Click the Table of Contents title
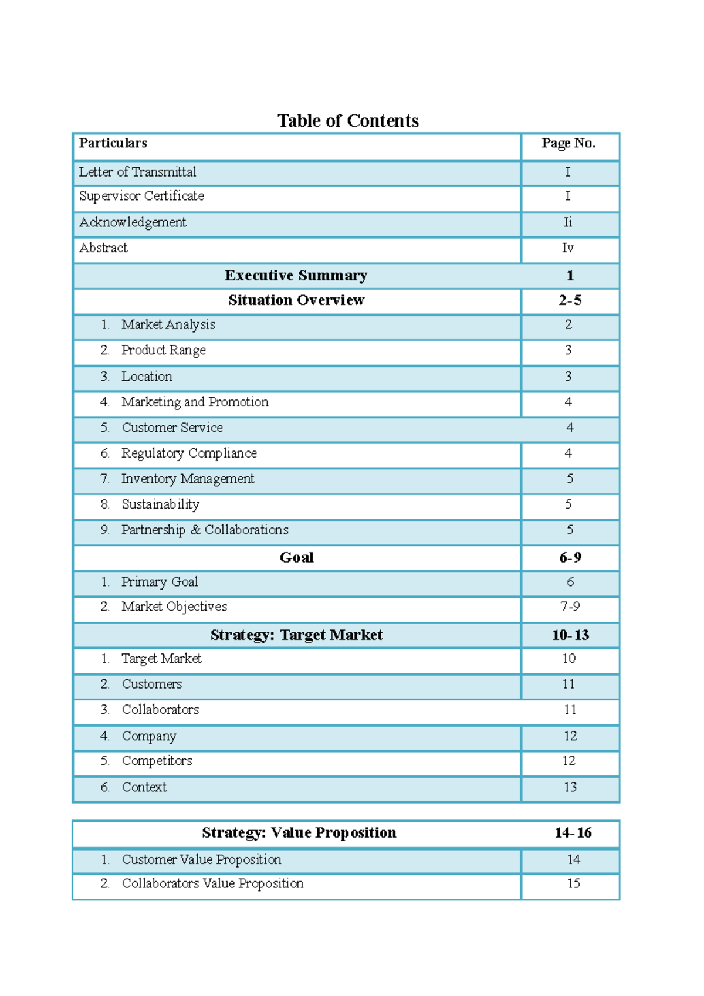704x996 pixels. [348, 121]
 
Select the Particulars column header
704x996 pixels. [113, 143]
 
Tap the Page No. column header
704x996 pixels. [568, 143]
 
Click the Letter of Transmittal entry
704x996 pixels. [138, 172]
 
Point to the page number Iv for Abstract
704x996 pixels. [567, 248]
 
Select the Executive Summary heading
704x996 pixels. [296, 276]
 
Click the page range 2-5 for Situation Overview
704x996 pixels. [570, 300]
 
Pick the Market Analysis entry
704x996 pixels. [168, 324]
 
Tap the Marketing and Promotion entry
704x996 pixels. [195, 402]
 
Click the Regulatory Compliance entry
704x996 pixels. [189, 453]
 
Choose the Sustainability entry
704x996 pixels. [160, 504]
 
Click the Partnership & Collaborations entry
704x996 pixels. [205, 530]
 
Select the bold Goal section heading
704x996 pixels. [296, 557]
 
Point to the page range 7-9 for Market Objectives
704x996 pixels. [570, 607]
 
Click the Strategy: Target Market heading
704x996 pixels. [296, 635]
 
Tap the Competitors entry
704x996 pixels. [157, 761]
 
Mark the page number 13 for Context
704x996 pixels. [570, 787]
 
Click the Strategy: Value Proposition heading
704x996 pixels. [299, 833]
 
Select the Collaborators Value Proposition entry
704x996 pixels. [212, 883]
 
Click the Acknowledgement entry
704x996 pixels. [133, 222]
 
